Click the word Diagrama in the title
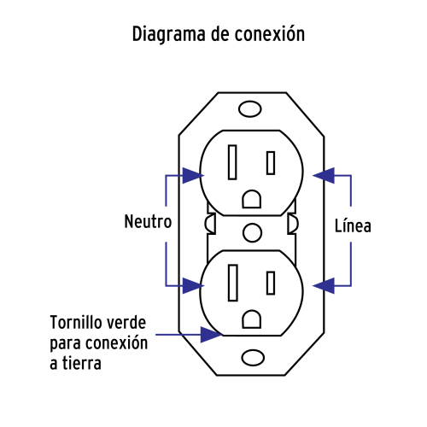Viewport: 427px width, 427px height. click(x=168, y=35)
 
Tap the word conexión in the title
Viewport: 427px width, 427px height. click(x=270, y=33)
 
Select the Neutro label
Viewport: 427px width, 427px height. click(x=148, y=221)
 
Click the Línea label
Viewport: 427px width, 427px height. click(x=353, y=225)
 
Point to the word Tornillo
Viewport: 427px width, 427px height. click(x=76, y=322)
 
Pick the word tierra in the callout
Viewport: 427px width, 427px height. click(x=82, y=363)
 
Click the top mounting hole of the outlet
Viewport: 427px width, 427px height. click(x=250, y=108)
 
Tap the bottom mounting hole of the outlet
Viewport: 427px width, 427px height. click(x=253, y=358)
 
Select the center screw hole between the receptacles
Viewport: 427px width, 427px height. click(x=252, y=232)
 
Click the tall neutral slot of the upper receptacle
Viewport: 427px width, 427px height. click(x=232, y=162)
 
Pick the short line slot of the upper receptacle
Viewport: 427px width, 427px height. click(x=271, y=163)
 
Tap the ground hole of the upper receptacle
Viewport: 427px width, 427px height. click(x=252, y=199)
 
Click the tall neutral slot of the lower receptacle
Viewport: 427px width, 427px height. click(x=233, y=283)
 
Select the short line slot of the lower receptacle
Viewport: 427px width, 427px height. click(x=271, y=283)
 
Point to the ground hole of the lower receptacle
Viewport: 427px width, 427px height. click(x=252, y=319)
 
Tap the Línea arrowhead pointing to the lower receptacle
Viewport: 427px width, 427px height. click(x=324, y=285)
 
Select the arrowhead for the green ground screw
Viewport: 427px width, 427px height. click(x=211, y=335)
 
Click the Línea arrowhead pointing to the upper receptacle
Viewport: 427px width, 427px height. click(x=324, y=175)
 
